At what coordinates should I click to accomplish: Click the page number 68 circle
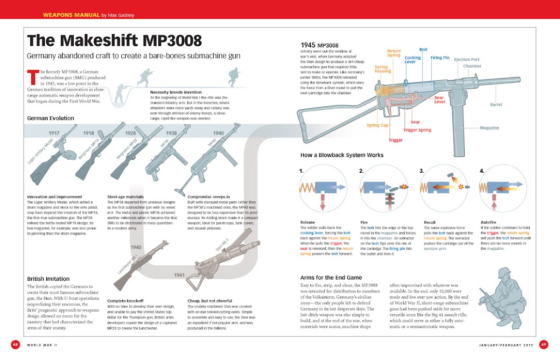[x=15, y=345]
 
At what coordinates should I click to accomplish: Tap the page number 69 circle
[x=544, y=345]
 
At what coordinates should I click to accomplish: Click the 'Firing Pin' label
[x=440, y=58]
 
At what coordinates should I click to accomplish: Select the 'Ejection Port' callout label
[x=467, y=60]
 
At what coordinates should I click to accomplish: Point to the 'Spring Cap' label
[x=377, y=125]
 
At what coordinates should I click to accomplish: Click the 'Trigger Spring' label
[x=417, y=130]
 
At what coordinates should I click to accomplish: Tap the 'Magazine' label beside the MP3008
[x=490, y=127]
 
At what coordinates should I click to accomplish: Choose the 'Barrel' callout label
[x=496, y=105]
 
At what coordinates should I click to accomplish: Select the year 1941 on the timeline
[x=180, y=275]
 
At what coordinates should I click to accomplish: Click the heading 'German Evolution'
[x=50, y=118]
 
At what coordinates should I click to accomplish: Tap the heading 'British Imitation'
[x=48, y=279]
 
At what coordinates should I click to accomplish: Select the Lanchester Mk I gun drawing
[x=140, y=266]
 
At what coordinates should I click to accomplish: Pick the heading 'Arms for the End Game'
[x=331, y=277]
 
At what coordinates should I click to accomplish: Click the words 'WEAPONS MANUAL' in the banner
[x=70, y=14]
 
